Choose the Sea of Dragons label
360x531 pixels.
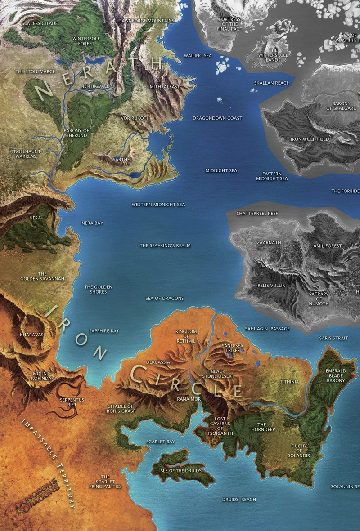coord(165,298)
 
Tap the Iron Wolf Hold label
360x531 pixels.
coord(310,139)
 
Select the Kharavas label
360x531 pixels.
coord(31,335)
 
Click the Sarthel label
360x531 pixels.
coord(122,159)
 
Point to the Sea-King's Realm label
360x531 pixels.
coord(165,245)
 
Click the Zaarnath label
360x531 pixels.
coord(269,242)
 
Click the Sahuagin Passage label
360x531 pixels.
coord(267,329)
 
